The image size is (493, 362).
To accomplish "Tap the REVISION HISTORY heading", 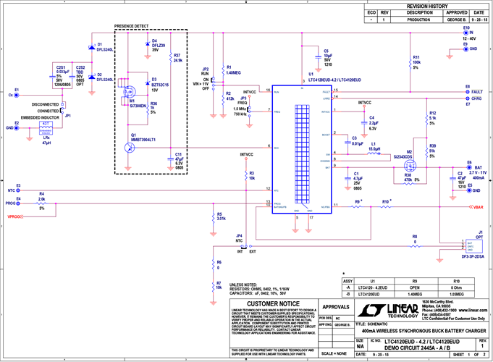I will (x=427, y=5).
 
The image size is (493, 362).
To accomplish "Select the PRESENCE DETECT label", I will (x=130, y=26).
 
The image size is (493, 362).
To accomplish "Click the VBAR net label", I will (x=477, y=206).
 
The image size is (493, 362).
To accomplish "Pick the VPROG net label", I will (x=14, y=216).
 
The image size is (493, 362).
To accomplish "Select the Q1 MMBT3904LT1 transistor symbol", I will (x=128, y=148).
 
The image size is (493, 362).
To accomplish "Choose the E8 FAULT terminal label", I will (x=474, y=92).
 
